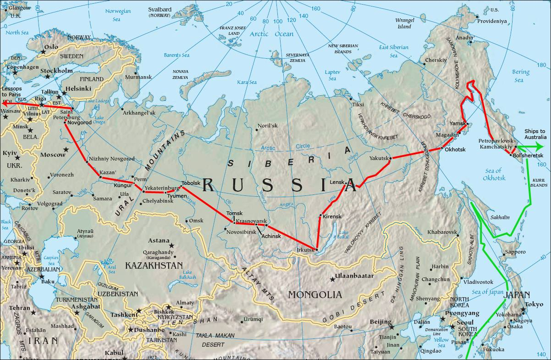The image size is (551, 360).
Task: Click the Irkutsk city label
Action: (306, 250)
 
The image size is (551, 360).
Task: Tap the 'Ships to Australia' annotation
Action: (535, 134)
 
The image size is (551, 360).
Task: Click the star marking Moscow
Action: (66, 150)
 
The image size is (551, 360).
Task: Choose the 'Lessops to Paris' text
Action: (15, 91)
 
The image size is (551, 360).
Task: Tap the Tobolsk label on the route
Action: (191, 183)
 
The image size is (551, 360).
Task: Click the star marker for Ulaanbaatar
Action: (332, 279)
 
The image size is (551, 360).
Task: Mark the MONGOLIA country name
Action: (315, 295)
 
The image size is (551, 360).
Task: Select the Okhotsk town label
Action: (455, 149)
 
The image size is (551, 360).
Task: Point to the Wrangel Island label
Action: (404, 23)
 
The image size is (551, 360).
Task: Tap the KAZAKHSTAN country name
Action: (154, 266)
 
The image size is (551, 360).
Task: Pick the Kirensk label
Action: (332, 216)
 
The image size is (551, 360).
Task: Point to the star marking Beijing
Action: (392, 326)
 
